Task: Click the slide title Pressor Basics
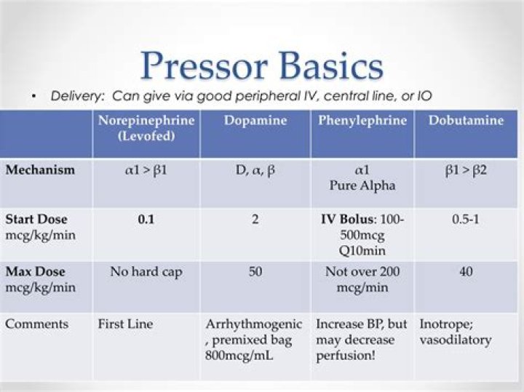pyautogui.click(x=261, y=65)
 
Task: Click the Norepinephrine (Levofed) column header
pyautogui.click(x=146, y=128)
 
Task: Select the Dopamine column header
pyautogui.click(x=255, y=121)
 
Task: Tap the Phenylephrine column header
pyautogui.click(x=362, y=121)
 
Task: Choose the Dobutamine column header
pyautogui.click(x=466, y=121)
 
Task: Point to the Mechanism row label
pyautogui.click(x=40, y=169)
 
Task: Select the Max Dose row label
pyautogui.click(x=35, y=272)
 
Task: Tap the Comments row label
pyautogui.click(x=36, y=324)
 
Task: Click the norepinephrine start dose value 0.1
pyautogui.click(x=146, y=219)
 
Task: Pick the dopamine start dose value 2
pyautogui.click(x=255, y=219)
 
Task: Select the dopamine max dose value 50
pyautogui.click(x=255, y=272)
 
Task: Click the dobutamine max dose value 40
pyautogui.click(x=466, y=272)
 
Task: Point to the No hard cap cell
pyautogui.click(x=146, y=272)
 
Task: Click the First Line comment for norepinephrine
pyautogui.click(x=125, y=324)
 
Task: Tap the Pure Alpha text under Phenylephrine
pyautogui.click(x=362, y=185)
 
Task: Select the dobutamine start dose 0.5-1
pyautogui.click(x=466, y=219)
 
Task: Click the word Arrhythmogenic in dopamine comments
pyautogui.click(x=251, y=324)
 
